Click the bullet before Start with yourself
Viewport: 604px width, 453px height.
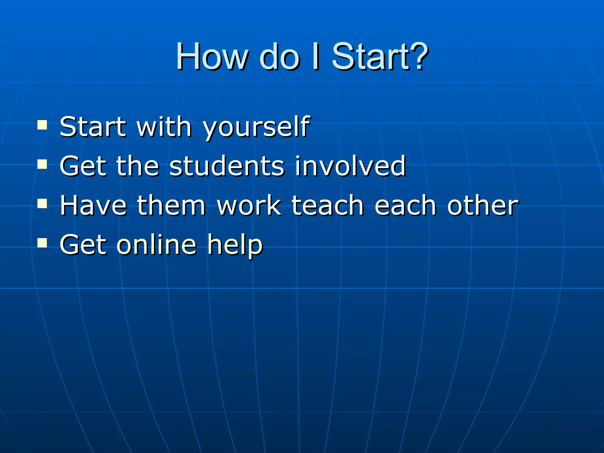[42, 125]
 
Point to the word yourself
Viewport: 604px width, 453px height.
[256, 127]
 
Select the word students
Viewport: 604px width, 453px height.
[227, 166]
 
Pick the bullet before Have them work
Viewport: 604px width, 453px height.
[42, 203]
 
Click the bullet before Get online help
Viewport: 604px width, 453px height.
[42, 243]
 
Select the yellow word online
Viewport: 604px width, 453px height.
[157, 244]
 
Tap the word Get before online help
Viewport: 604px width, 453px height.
[83, 244]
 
